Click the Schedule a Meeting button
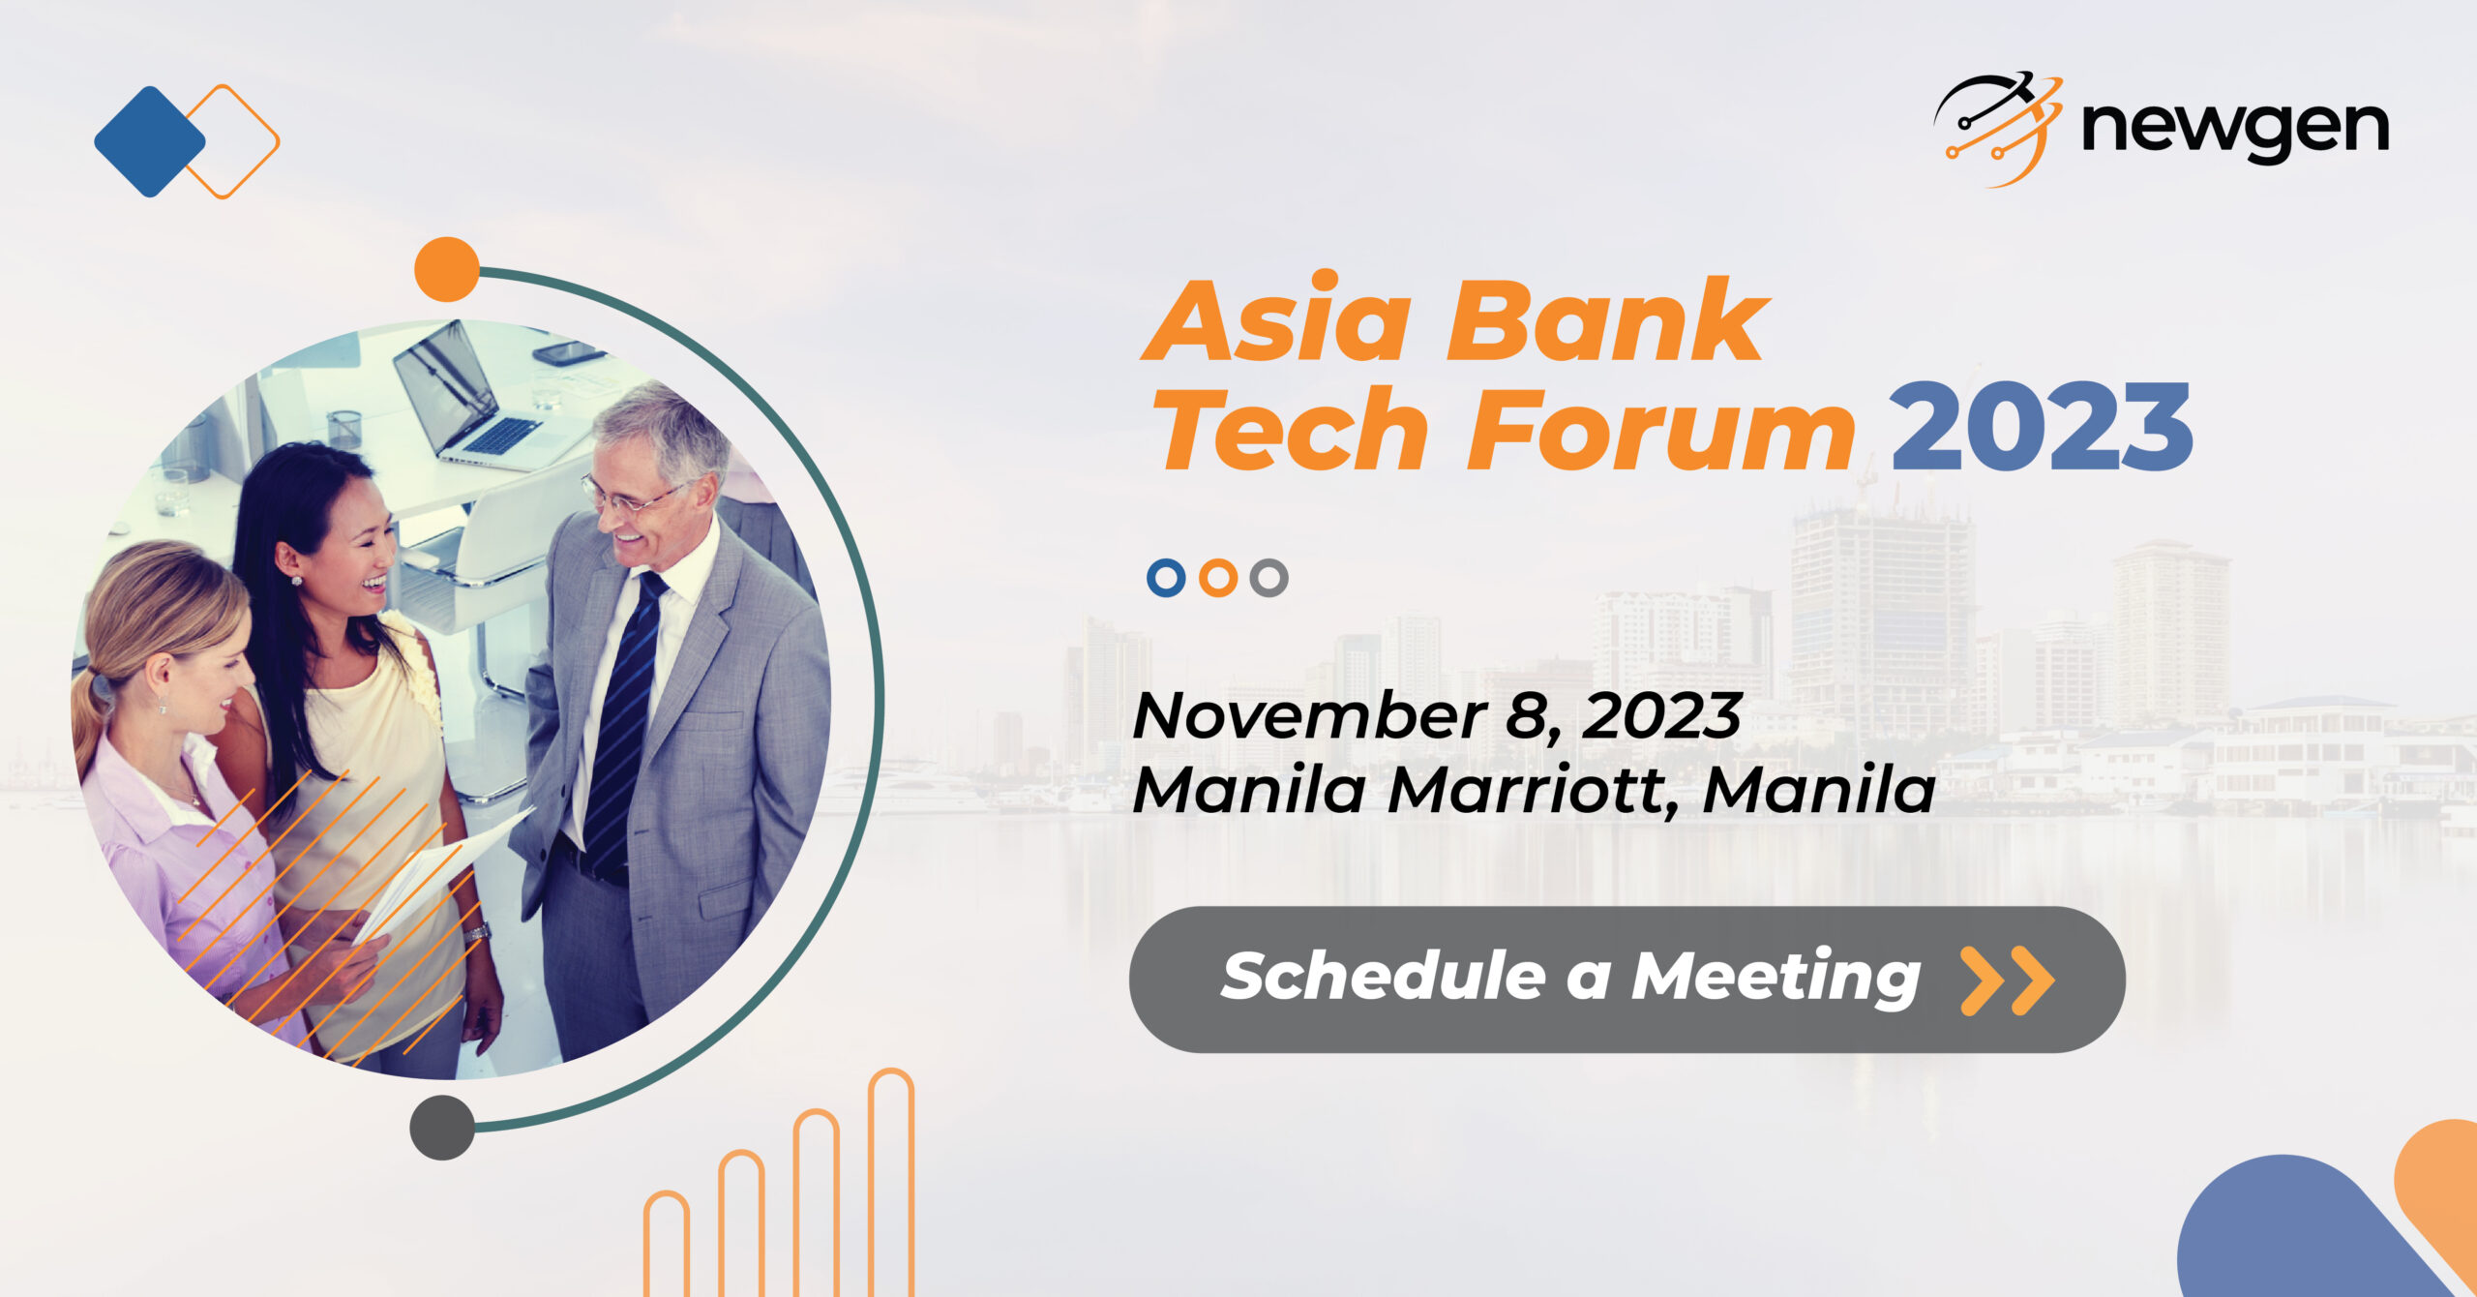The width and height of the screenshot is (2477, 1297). [1626, 979]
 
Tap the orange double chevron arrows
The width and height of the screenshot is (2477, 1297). [2007, 980]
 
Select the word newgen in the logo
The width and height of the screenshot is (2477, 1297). [2235, 130]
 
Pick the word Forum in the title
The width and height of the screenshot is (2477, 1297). [1659, 429]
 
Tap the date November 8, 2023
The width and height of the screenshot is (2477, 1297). [1437, 716]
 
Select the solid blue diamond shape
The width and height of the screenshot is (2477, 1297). [149, 141]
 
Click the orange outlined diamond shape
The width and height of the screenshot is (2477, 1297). [232, 141]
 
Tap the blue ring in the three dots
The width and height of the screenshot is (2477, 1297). [1166, 578]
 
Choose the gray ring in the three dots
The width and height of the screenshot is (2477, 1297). [1268, 578]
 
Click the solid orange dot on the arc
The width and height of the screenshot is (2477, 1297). [447, 269]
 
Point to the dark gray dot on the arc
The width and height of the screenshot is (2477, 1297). [442, 1127]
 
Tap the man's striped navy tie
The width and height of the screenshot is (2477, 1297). [624, 716]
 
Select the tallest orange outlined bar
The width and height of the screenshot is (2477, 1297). [890, 1181]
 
